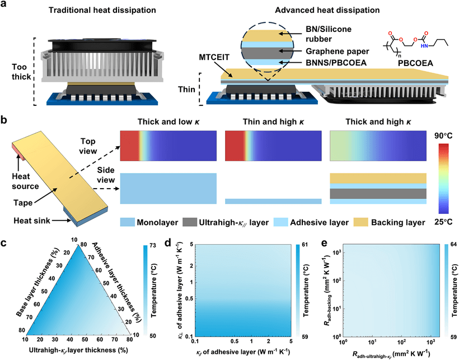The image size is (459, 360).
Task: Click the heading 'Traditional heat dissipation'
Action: (102, 10)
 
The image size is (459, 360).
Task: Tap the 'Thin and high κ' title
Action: (273, 121)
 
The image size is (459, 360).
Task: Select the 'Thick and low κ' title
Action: (168, 121)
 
